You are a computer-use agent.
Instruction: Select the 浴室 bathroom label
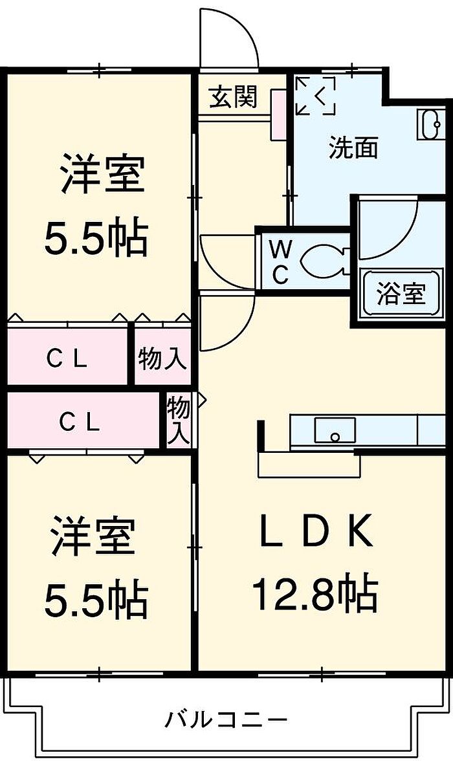point(401,294)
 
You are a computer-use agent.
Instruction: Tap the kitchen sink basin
point(335,430)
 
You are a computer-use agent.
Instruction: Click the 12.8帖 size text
point(315,594)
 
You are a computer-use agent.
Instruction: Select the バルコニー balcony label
point(225,719)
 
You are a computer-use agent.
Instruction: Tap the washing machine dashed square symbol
point(315,96)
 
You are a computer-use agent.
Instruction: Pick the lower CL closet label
point(80,422)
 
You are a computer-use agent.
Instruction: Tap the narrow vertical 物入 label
point(179,421)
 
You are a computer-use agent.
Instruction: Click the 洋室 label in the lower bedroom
point(94,536)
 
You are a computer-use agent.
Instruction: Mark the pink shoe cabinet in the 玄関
point(279,115)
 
